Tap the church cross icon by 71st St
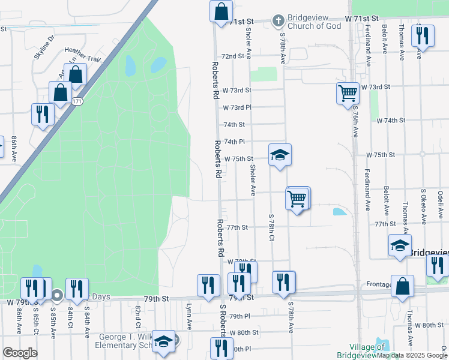click(x=278, y=21)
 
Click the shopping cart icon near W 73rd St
click(x=348, y=94)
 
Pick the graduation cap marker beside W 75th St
click(x=280, y=155)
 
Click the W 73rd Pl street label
click(x=237, y=108)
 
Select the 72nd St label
click(x=236, y=56)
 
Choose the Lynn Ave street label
click(x=189, y=312)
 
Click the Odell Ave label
click(x=440, y=205)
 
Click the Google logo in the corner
click(x=20, y=353)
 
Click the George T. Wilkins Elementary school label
click(x=125, y=341)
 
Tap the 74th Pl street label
click(x=234, y=142)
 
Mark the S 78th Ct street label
click(x=271, y=229)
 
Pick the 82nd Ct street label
click(x=137, y=313)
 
